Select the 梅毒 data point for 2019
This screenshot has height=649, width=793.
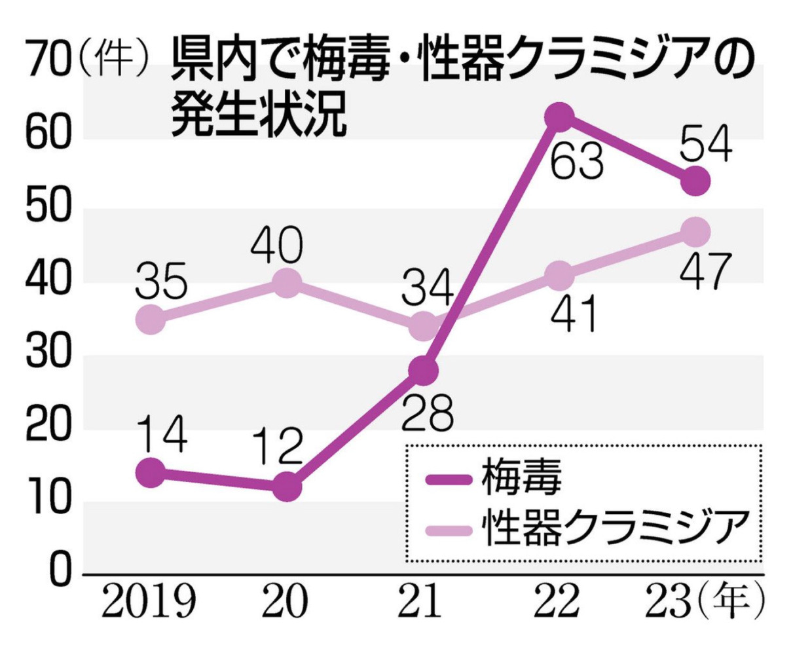[x=151, y=472]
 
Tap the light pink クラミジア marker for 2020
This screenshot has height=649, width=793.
[x=286, y=283]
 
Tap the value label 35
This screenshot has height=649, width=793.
[x=161, y=283]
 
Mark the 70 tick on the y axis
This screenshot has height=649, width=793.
[x=46, y=65]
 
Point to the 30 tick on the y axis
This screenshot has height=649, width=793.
[x=46, y=357]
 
